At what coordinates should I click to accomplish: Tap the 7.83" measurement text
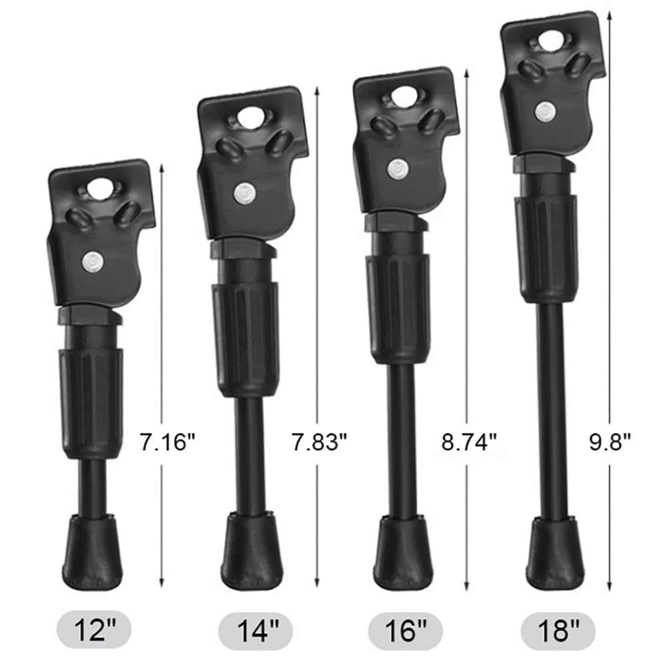pos(319,442)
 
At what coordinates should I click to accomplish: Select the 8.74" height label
pos(469,442)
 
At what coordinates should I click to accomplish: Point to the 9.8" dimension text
pos(610,442)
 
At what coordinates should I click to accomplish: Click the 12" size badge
pos(94,630)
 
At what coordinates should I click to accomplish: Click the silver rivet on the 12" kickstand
pos(93,261)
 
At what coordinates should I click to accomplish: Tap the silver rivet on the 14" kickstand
pos(245,193)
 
